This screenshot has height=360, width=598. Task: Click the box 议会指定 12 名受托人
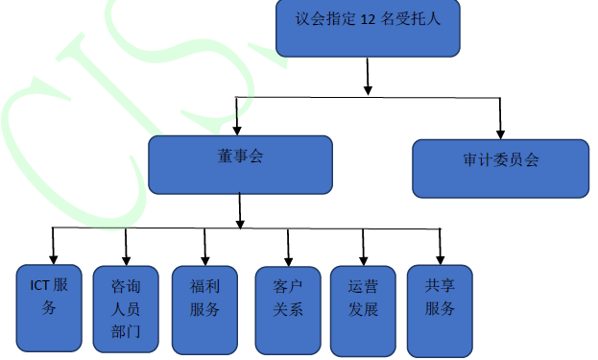tap(368, 28)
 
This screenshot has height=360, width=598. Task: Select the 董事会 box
tap(240, 164)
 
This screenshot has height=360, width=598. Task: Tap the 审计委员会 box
tap(500, 168)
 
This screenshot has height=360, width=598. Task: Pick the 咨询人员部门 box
tap(126, 308)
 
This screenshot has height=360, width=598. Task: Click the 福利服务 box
tap(204, 307)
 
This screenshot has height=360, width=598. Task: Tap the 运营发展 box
tap(362, 306)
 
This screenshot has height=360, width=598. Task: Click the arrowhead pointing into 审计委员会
tap(500, 132)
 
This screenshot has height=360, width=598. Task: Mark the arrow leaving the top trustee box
tap(368, 77)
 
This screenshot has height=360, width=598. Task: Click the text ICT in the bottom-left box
tap(39, 285)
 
